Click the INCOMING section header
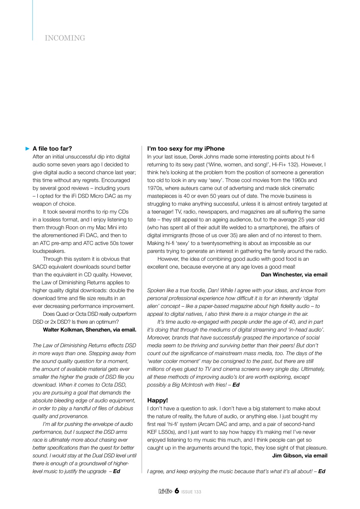(x=65, y=38)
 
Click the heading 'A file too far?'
(x=52, y=149)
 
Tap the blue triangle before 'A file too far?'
(x=27, y=149)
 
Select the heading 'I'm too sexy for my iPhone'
(x=186, y=149)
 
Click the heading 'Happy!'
(x=158, y=400)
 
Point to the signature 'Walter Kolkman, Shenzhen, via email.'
(x=90, y=329)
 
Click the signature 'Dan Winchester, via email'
(x=294, y=274)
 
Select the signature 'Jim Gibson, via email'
(x=300, y=456)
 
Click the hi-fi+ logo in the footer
(x=165, y=492)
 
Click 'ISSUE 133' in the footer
(x=191, y=492)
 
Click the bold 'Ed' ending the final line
(x=322, y=471)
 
